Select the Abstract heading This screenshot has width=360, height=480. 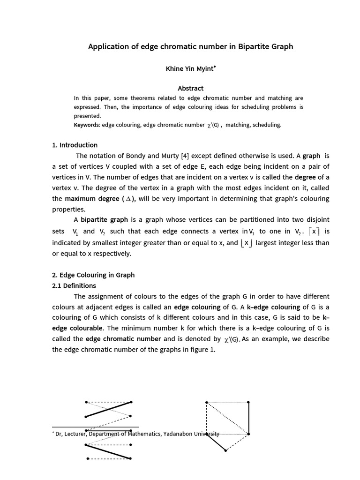pyautogui.click(x=190, y=88)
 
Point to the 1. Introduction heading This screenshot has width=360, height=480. pyautogui.click(x=75, y=145)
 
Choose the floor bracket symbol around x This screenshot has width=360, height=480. pyautogui.click(x=246, y=243)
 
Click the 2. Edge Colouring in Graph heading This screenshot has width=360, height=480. pyautogui.click(x=93, y=275)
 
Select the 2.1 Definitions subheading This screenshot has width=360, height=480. pyautogui.click(x=74, y=285)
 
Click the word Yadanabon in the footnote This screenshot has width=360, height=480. pyautogui.click(x=187, y=434)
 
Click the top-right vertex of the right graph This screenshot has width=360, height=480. pyautogui.click(x=248, y=402)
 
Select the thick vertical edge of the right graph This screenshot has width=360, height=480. pyautogui.click(x=248, y=418)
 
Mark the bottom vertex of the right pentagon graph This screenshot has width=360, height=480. pyautogui.click(x=226, y=450)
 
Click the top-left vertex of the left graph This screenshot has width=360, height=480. pyautogui.click(x=86, y=402)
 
